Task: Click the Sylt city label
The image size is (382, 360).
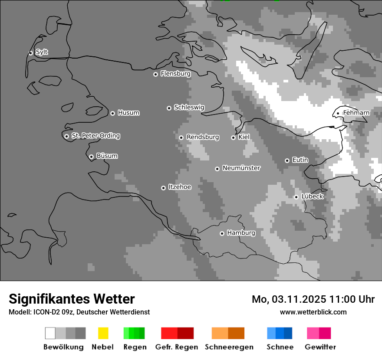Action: tap(42, 52)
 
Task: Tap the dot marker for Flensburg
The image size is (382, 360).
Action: tap(155, 74)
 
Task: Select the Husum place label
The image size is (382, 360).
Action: tap(128, 113)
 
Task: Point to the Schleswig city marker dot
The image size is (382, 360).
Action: tap(169, 108)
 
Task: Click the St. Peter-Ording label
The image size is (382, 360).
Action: tap(95, 136)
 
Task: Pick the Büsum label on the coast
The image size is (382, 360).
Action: tap(107, 156)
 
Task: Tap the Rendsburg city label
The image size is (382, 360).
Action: tap(203, 137)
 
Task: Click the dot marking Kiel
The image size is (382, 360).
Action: tap(233, 137)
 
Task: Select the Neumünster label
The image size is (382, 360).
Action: tap(241, 168)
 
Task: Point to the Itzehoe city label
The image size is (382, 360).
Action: tap(180, 187)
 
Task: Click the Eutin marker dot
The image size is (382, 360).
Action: tap(287, 160)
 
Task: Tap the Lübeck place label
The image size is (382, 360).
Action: tap(313, 197)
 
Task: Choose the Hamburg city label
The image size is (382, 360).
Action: tap(241, 233)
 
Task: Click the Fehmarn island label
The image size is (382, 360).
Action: tap(356, 113)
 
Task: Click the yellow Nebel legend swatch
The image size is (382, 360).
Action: tap(103, 333)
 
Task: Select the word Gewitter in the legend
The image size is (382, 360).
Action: tap(320, 347)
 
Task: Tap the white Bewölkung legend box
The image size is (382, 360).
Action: tap(50, 333)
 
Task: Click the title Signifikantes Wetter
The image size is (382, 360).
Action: tap(72, 299)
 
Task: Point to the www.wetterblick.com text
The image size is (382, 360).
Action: tap(313, 312)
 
